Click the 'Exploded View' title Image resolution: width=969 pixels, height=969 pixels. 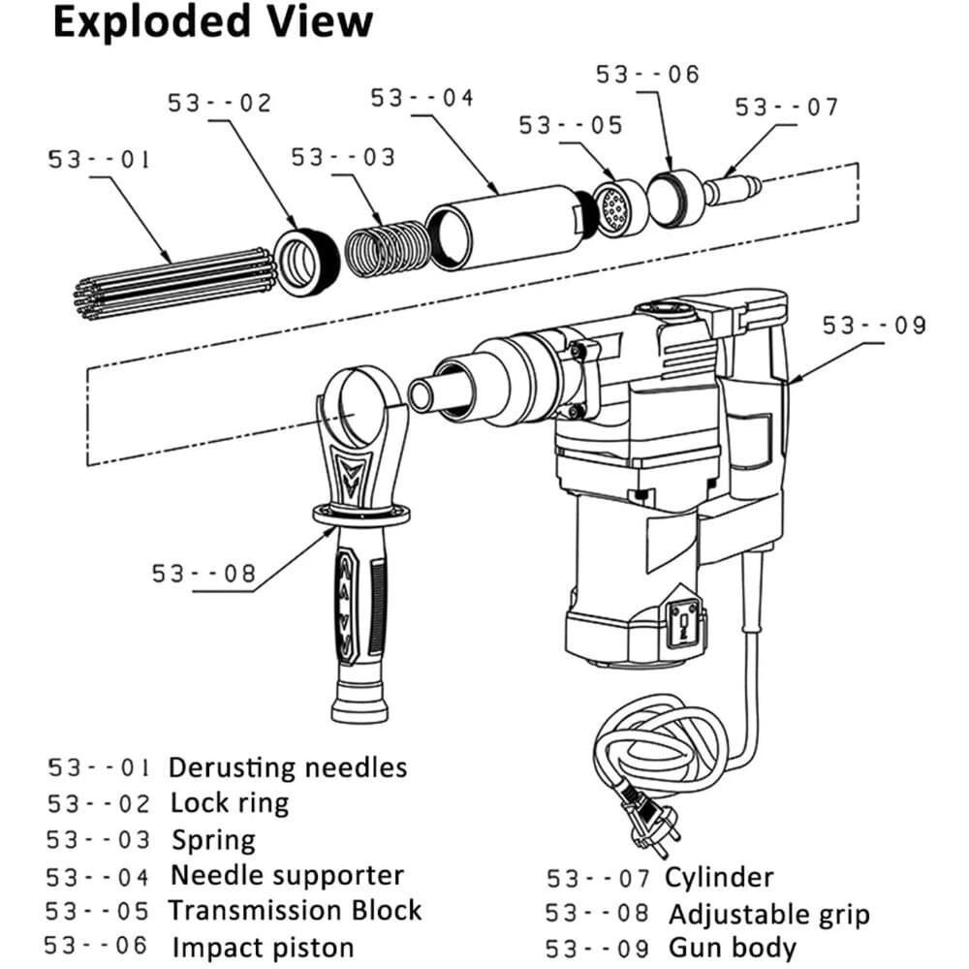pyautogui.click(x=212, y=23)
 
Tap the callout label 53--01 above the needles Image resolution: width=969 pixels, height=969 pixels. pyautogui.click(x=99, y=160)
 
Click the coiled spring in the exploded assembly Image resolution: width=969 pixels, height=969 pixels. pyautogui.click(x=387, y=248)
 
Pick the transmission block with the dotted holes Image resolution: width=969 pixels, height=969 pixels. pyautogui.click(x=616, y=206)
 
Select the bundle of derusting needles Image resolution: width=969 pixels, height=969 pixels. pyautogui.click(x=174, y=284)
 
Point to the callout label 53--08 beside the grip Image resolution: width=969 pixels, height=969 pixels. pyautogui.click(x=203, y=574)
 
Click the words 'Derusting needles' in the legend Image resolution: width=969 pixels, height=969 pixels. pyautogui.click(x=288, y=767)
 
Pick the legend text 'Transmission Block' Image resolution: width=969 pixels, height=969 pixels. pyautogui.click(x=295, y=910)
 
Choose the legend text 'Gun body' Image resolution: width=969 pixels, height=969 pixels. pyautogui.click(x=733, y=948)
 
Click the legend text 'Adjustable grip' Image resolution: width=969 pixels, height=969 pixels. pyautogui.click(x=769, y=914)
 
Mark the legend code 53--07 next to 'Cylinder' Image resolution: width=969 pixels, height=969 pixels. pyautogui.click(x=598, y=879)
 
